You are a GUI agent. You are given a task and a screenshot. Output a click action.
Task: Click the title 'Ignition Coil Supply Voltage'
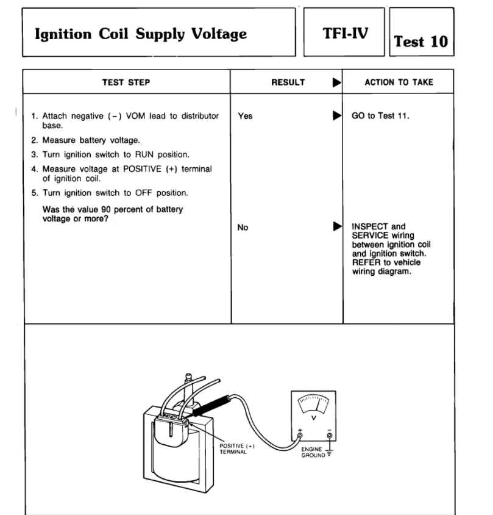(x=141, y=34)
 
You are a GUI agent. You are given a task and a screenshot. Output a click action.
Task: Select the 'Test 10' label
(x=421, y=41)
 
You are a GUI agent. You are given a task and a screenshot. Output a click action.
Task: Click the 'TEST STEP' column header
(x=127, y=82)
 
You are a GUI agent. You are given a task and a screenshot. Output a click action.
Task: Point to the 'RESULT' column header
(x=288, y=82)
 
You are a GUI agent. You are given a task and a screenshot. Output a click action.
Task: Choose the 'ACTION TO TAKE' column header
(x=399, y=82)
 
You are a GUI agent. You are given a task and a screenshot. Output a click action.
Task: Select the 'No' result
(x=243, y=228)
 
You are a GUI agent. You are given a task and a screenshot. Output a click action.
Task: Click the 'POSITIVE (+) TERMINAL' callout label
(x=237, y=449)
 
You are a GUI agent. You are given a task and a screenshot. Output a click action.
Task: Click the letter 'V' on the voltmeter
(x=314, y=417)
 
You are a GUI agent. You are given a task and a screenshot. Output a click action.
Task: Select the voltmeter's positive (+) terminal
(x=299, y=436)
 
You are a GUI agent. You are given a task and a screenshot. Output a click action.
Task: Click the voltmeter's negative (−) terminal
(x=329, y=436)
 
